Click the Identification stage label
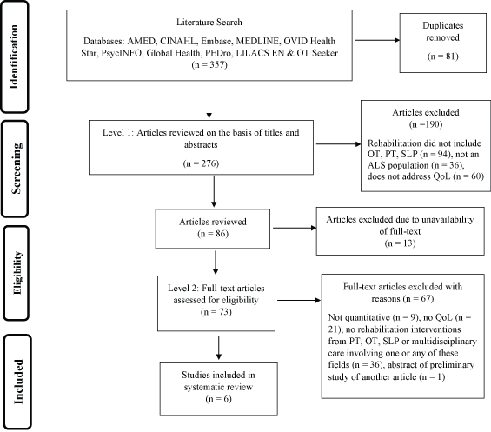[x=14, y=56]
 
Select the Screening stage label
[x=16, y=169]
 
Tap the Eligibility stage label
[x=17, y=273]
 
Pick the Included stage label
[x=18, y=382]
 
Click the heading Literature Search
[x=209, y=22]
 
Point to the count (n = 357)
[x=209, y=65]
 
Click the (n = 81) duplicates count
[x=443, y=56]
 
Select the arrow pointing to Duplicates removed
[x=377, y=40]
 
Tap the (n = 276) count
[x=201, y=163]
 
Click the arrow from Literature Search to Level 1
[x=209, y=103]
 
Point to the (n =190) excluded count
[x=426, y=124]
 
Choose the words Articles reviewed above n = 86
[x=213, y=222]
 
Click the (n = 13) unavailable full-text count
[x=401, y=243]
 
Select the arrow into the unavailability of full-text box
[x=295, y=228]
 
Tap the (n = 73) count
[x=216, y=312]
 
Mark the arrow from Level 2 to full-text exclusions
[x=299, y=301]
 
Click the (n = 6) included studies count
[x=219, y=399]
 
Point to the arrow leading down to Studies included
[x=219, y=348]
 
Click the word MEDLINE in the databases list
[x=257, y=41]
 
